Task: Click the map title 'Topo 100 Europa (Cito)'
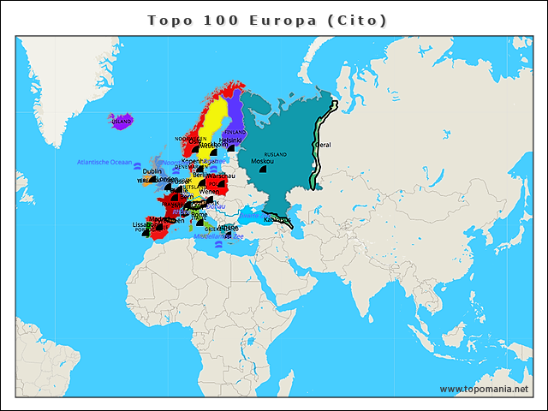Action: [267, 19]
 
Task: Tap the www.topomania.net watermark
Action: [484, 389]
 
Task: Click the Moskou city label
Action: [262, 161]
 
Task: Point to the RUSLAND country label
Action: [276, 154]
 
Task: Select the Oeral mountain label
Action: [324, 145]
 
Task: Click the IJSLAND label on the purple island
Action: [122, 122]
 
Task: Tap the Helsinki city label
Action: [230, 140]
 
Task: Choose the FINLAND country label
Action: [235, 132]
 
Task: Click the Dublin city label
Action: [152, 171]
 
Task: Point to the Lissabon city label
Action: [143, 224]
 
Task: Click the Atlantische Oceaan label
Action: [104, 162]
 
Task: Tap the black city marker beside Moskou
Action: [265, 170]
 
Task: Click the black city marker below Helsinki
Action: [230, 147]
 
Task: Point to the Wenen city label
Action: [209, 191]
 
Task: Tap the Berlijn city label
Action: [203, 175]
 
